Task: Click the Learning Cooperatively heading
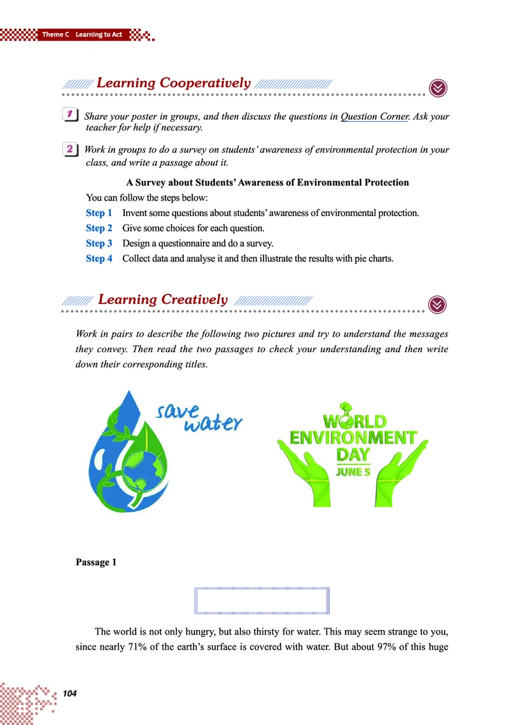(173, 83)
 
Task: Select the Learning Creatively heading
(163, 299)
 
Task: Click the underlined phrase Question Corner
(374, 117)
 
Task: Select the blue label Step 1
(99, 213)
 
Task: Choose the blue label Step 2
(99, 228)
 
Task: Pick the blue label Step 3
(99, 243)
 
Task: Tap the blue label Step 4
(99, 259)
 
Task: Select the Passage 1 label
(95, 562)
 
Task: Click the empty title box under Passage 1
(261, 600)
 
